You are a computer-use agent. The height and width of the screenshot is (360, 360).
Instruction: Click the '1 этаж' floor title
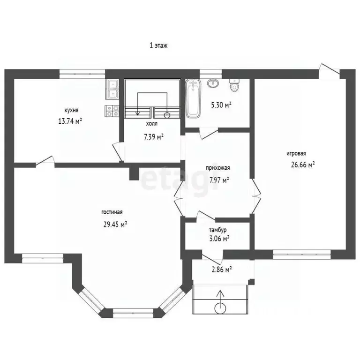158,45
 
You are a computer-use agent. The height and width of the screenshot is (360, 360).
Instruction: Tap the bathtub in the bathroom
193,98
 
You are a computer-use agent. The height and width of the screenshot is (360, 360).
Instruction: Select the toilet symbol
234,85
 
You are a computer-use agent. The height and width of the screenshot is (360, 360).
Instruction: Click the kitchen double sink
112,90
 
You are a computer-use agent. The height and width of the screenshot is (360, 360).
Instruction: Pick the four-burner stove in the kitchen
112,111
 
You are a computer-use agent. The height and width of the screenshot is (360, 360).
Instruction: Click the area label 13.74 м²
70,121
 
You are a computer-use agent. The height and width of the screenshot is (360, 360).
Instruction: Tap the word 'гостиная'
112,212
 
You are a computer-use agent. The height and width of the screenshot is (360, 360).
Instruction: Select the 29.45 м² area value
115,224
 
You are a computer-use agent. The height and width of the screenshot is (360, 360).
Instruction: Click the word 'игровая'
296,153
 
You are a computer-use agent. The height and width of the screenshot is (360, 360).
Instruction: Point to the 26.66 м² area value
303,165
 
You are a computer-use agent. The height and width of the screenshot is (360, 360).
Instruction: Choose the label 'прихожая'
217,168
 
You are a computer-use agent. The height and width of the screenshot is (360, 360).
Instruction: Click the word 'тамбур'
217,230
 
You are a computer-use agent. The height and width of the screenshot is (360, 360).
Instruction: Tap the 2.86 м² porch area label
220,270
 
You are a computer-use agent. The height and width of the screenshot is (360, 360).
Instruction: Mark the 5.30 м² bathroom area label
221,105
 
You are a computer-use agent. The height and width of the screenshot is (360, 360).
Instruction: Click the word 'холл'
152,124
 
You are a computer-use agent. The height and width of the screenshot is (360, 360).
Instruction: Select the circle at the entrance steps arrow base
220,308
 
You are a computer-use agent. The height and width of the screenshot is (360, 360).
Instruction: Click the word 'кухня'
71,110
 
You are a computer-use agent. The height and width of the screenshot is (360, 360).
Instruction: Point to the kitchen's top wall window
82,74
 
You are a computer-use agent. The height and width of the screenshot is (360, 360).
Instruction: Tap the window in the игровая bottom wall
302,255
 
